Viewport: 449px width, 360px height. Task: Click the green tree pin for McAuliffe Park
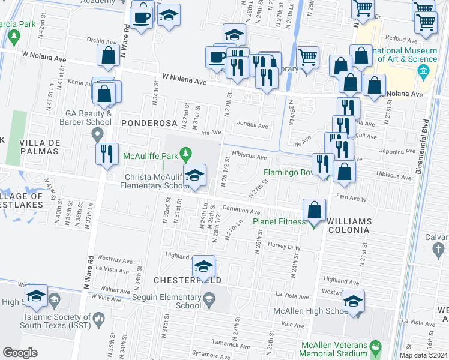click(x=186, y=155)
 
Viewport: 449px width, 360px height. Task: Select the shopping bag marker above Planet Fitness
click(x=314, y=211)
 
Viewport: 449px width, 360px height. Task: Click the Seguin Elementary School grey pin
click(x=209, y=298)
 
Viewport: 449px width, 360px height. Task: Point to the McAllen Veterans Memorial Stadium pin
click(x=375, y=346)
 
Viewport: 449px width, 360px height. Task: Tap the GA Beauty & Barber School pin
click(x=99, y=133)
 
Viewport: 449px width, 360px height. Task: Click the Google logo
click(x=20, y=352)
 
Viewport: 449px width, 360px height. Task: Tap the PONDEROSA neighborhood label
click(x=149, y=123)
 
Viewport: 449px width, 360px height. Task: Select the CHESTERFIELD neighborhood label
click(x=188, y=280)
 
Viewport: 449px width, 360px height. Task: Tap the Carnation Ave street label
click(x=241, y=212)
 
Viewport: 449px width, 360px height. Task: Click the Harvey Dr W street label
click(x=284, y=247)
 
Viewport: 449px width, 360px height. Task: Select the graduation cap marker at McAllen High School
click(x=354, y=302)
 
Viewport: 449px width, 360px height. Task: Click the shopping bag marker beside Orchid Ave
click(x=109, y=56)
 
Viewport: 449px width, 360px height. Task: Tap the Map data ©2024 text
click(x=424, y=355)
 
